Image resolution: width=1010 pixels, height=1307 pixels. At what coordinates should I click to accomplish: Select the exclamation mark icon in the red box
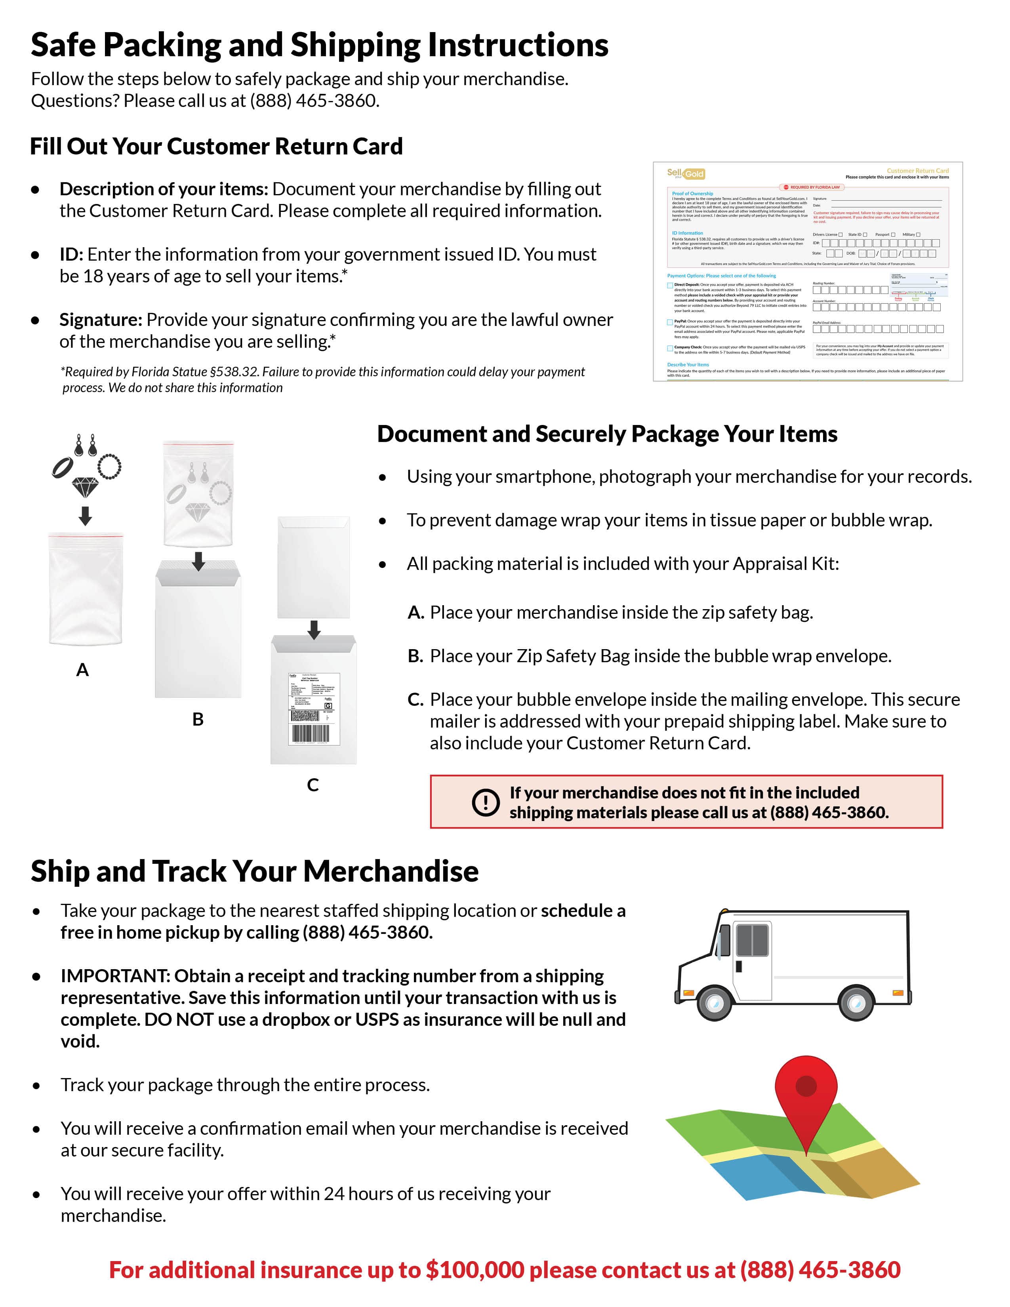pyautogui.click(x=485, y=802)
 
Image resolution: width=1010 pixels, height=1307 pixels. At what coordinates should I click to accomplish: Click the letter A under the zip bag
pyautogui.click(x=82, y=670)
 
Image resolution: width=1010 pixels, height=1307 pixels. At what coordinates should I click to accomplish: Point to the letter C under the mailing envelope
pyautogui.click(x=313, y=785)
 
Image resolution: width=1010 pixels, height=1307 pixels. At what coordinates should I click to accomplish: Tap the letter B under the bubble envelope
pyautogui.click(x=198, y=719)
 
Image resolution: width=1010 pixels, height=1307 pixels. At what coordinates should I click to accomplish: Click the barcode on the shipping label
pyautogui.click(x=310, y=734)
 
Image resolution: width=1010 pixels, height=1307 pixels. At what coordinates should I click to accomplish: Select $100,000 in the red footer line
pyautogui.click(x=475, y=1270)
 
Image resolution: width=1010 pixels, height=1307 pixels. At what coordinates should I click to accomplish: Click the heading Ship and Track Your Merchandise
pyautogui.click(x=254, y=871)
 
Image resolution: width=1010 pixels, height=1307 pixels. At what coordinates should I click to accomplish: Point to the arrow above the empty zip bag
pyautogui.click(x=85, y=515)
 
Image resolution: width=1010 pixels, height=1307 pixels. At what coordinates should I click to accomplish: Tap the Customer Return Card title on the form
pyautogui.click(x=917, y=171)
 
